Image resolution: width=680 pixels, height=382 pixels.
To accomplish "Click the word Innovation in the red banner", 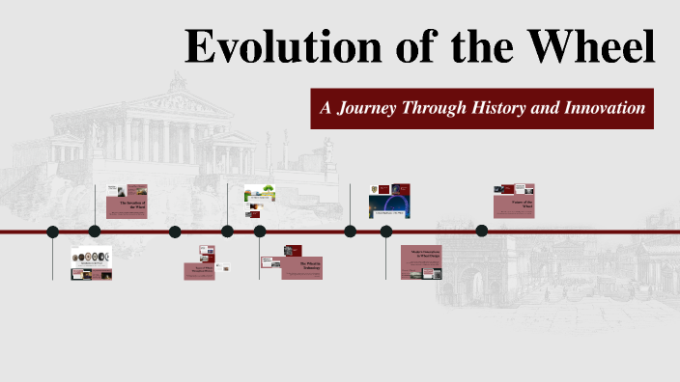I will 600,108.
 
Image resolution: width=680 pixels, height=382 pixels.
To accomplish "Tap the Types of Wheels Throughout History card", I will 197,271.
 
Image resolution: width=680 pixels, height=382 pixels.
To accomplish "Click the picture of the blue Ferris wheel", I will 389,206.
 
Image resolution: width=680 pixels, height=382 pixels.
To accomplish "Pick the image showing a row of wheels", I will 91,258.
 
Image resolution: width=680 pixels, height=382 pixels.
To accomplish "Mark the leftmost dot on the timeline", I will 52,232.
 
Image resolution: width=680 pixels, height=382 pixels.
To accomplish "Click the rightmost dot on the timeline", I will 482,231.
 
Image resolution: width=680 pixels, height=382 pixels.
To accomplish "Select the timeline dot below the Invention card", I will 95,232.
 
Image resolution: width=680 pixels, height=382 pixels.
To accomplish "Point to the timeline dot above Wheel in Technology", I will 260,232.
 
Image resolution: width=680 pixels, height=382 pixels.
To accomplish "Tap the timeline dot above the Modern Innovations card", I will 386,232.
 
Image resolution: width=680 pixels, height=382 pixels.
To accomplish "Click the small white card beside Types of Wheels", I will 223,268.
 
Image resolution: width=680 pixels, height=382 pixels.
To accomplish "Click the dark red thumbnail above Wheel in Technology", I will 293,251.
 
